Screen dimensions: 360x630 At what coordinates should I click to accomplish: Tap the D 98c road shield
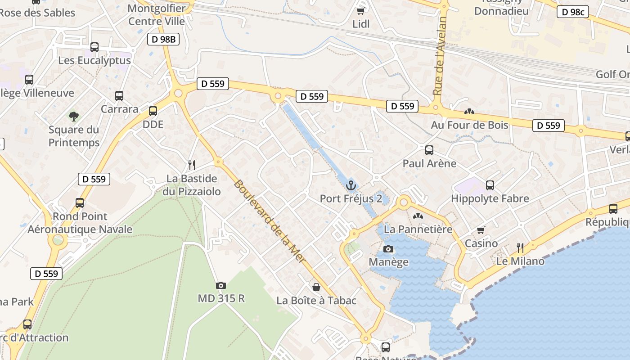[573, 12]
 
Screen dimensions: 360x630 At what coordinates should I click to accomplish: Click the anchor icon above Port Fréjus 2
[351, 185]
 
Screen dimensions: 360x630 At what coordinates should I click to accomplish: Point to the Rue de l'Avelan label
[440, 56]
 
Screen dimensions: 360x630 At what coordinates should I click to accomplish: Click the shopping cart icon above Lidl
[360, 11]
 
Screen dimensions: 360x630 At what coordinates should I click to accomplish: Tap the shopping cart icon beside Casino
[481, 230]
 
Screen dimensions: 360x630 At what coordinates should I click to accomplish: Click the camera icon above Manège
[388, 249]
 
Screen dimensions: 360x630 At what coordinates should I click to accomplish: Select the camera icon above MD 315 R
[220, 285]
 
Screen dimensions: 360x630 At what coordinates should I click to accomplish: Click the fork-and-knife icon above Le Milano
[520, 247]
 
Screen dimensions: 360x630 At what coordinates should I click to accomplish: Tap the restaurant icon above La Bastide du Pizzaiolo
[191, 165]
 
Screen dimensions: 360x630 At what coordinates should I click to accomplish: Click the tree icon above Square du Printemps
[74, 117]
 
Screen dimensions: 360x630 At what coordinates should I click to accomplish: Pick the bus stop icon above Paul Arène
[429, 150]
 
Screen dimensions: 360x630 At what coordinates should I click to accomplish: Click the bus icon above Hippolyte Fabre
[490, 185]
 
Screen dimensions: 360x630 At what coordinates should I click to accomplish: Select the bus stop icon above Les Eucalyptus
[94, 47]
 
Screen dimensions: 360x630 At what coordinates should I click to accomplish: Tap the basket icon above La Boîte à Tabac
[316, 287]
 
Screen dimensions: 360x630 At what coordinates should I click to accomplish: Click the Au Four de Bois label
[469, 125]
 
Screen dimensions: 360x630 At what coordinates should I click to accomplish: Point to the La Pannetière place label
[418, 229]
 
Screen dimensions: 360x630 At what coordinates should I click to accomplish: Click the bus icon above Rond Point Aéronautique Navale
[80, 203]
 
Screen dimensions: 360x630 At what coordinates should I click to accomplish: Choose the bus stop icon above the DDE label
[153, 111]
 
